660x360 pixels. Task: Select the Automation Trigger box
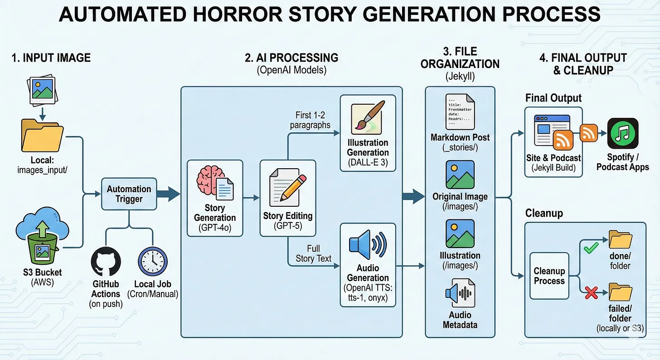click(x=129, y=194)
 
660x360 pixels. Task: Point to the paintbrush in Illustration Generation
click(x=368, y=117)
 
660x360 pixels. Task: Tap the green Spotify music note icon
click(x=623, y=133)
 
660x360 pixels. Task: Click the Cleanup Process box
click(x=549, y=276)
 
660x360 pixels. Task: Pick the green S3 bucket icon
click(x=41, y=248)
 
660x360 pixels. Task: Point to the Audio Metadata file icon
click(x=460, y=293)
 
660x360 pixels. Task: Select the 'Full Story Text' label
click(x=313, y=253)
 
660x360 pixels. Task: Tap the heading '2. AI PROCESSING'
click(x=291, y=58)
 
